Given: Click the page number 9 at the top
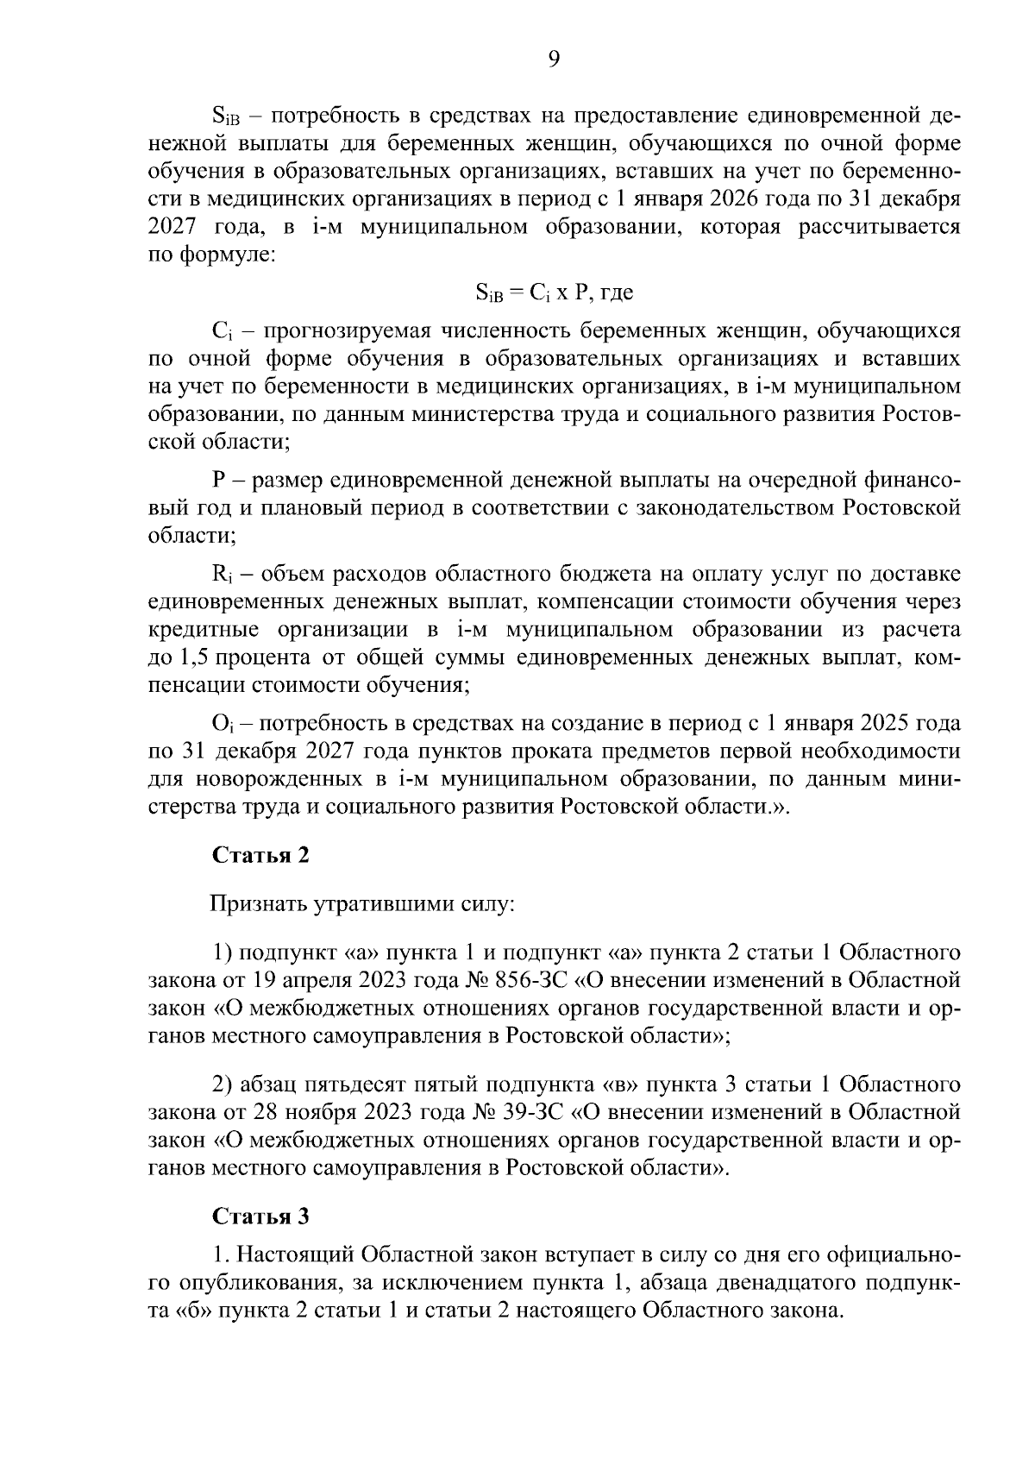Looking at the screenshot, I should point(554,58).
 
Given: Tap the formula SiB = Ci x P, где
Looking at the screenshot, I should point(554,292).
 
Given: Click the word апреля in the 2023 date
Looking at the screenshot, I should point(311,980).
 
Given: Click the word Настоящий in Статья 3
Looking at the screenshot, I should point(292,1254).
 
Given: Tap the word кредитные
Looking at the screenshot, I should point(196,630).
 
